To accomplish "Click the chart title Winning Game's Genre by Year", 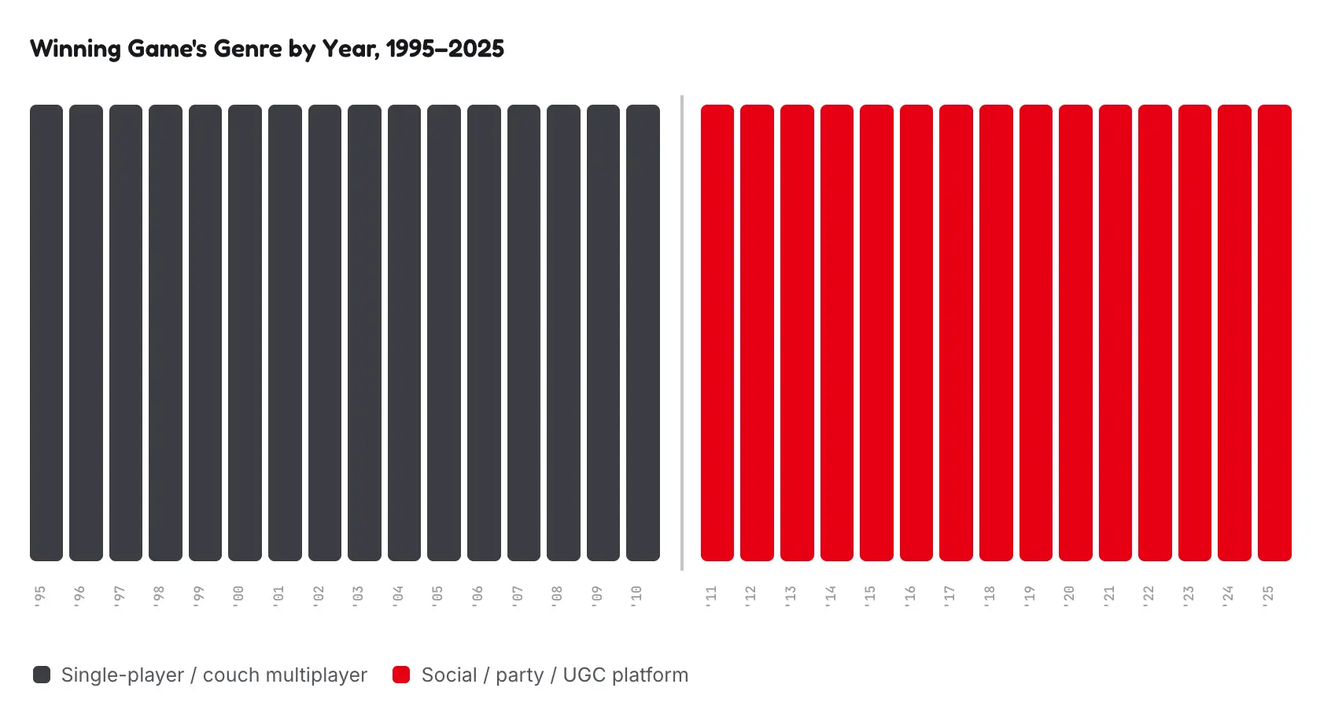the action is pyautogui.click(x=267, y=49).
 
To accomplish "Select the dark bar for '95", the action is pyautogui.click(x=46, y=333).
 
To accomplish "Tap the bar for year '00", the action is pyautogui.click(x=245, y=333).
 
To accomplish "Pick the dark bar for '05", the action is pyautogui.click(x=444, y=333).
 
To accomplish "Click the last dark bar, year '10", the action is pyautogui.click(x=643, y=333).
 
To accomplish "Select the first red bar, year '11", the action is pyautogui.click(x=717, y=333).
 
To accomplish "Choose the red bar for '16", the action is pyautogui.click(x=916, y=333).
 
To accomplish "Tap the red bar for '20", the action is pyautogui.click(x=1075, y=333).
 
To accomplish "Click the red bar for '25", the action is pyautogui.click(x=1274, y=333).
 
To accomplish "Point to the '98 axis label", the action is pyautogui.click(x=159, y=596).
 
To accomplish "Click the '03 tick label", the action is pyautogui.click(x=358, y=596).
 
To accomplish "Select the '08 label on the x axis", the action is pyautogui.click(x=556, y=596).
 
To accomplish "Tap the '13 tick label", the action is pyautogui.click(x=791, y=596).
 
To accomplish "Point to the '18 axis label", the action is pyautogui.click(x=989, y=596).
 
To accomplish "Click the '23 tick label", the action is pyautogui.click(x=1188, y=596).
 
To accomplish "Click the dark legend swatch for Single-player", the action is pyautogui.click(x=42, y=675).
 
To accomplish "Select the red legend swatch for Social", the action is pyautogui.click(x=401, y=675).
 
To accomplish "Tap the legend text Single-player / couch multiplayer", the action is pyautogui.click(x=215, y=675).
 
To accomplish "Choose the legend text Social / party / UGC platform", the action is pyautogui.click(x=555, y=675).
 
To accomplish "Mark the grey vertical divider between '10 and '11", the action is pyautogui.click(x=682, y=333).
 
